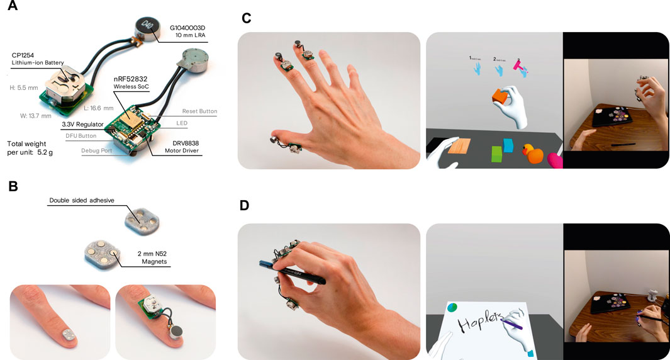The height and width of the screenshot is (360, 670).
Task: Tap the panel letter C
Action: tap(246, 18)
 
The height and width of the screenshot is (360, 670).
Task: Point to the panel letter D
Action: tap(247, 206)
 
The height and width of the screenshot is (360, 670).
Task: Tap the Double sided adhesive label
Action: tap(87, 201)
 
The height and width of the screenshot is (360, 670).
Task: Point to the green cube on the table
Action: tap(496, 153)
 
